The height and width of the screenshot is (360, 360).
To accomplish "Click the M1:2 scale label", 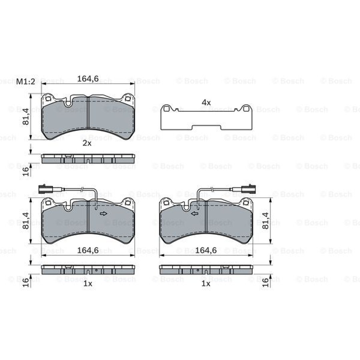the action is [26, 82].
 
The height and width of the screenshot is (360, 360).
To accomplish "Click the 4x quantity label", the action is [206, 103].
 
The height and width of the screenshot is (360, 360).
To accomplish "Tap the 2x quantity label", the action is [87, 143].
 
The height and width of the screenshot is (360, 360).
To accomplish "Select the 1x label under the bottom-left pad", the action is [88, 284].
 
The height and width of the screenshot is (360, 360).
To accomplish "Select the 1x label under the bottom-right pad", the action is [206, 284].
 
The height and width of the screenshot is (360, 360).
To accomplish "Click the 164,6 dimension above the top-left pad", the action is [88, 79].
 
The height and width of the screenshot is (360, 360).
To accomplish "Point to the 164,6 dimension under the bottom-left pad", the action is [88, 250].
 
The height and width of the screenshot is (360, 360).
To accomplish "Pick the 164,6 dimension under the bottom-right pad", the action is [206, 250].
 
